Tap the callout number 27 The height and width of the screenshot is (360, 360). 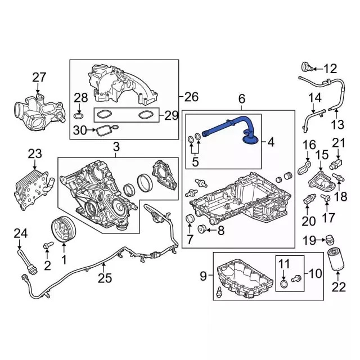tap(38, 77)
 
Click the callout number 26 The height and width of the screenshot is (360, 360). tap(191, 97)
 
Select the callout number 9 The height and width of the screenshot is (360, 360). tap(204, 276)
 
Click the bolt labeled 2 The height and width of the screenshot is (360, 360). tap(47, 245)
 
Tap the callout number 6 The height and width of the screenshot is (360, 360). tap(242, 100)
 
